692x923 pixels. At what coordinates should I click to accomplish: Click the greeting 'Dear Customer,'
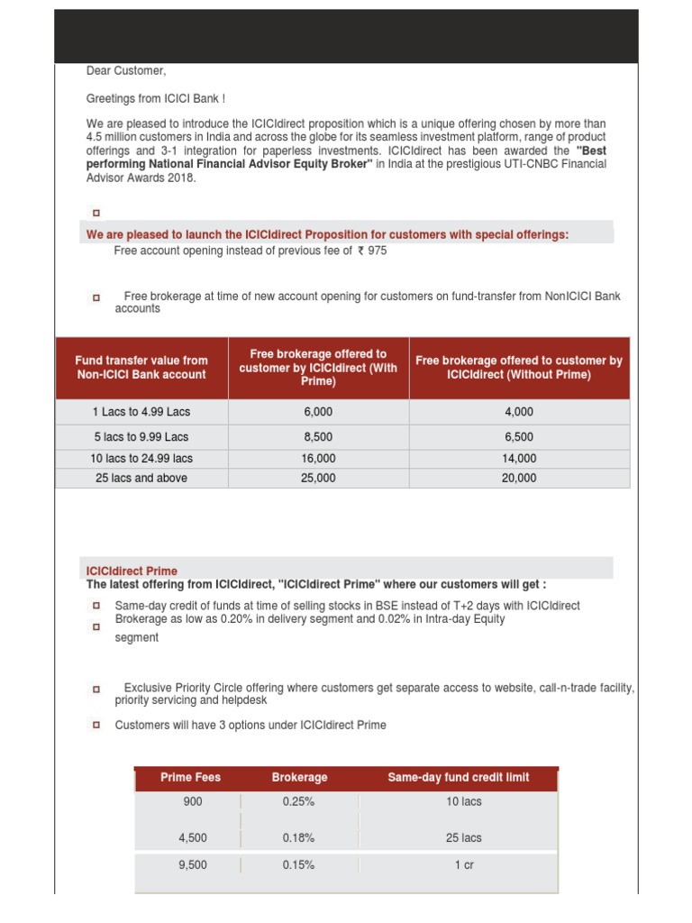tap(126, 71)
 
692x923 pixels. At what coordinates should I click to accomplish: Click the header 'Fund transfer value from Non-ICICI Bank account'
tap(141, 367)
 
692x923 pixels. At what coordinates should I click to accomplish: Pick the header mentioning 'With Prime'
tap(318, 367)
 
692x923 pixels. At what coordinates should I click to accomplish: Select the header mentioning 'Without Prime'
tap(519, 367)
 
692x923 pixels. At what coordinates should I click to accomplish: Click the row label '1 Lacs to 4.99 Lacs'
tap(141, 412)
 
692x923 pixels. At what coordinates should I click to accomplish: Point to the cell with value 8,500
tap(318, 436)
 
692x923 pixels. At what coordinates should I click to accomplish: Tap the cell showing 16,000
tap(318, 458)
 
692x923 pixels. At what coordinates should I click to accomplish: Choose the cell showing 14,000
tap(519, 458)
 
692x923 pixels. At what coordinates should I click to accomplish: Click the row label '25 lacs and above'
tap(141, 478)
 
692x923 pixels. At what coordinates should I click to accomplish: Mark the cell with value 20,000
tap(519, 478)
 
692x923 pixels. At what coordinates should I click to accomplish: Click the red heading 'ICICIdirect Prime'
tap(132, 571)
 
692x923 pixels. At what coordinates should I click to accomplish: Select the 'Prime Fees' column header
tap(190, 777)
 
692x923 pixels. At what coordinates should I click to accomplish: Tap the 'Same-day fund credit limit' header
tap(458, 777)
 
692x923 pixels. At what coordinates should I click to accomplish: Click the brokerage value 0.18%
tap(298, 837)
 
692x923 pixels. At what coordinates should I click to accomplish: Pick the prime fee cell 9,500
tap(193, 864)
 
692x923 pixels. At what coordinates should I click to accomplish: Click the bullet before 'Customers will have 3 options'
tap(96, 726)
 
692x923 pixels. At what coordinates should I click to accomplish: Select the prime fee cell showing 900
tap(193, 800)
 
